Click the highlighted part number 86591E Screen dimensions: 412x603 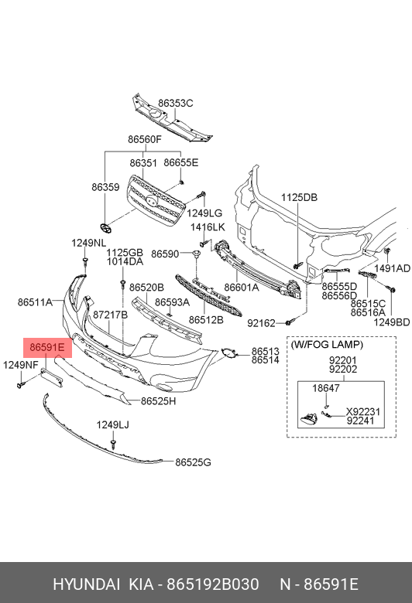[x=47, y=348]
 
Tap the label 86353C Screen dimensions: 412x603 [x=175, y=103]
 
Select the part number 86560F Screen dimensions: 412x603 [x=145, y=139]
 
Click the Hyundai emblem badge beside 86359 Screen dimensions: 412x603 [x=105, y=228]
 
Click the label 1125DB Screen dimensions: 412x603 [x=299, y=197]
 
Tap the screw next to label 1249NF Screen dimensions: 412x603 [x=21, y=383]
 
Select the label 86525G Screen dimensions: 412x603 [x=193, y=462]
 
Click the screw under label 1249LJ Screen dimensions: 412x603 [x=113, y=445]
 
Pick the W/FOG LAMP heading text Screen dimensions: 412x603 [x=327, y=345]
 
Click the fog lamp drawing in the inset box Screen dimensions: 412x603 [x=308, y=419]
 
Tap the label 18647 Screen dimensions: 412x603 [x=326, y=388]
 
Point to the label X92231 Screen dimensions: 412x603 [x=363, y=412]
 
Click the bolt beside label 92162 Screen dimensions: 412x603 [x=290, y=322]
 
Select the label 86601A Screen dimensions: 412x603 [x=242, y=288]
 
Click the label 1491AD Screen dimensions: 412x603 [x=393, y=268]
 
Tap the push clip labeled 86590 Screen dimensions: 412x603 [x=196, y=254]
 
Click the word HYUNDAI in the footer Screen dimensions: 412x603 [x=86, y=584]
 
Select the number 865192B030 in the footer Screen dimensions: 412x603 [x=212, y=584]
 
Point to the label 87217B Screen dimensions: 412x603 [x=110, y=315]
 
